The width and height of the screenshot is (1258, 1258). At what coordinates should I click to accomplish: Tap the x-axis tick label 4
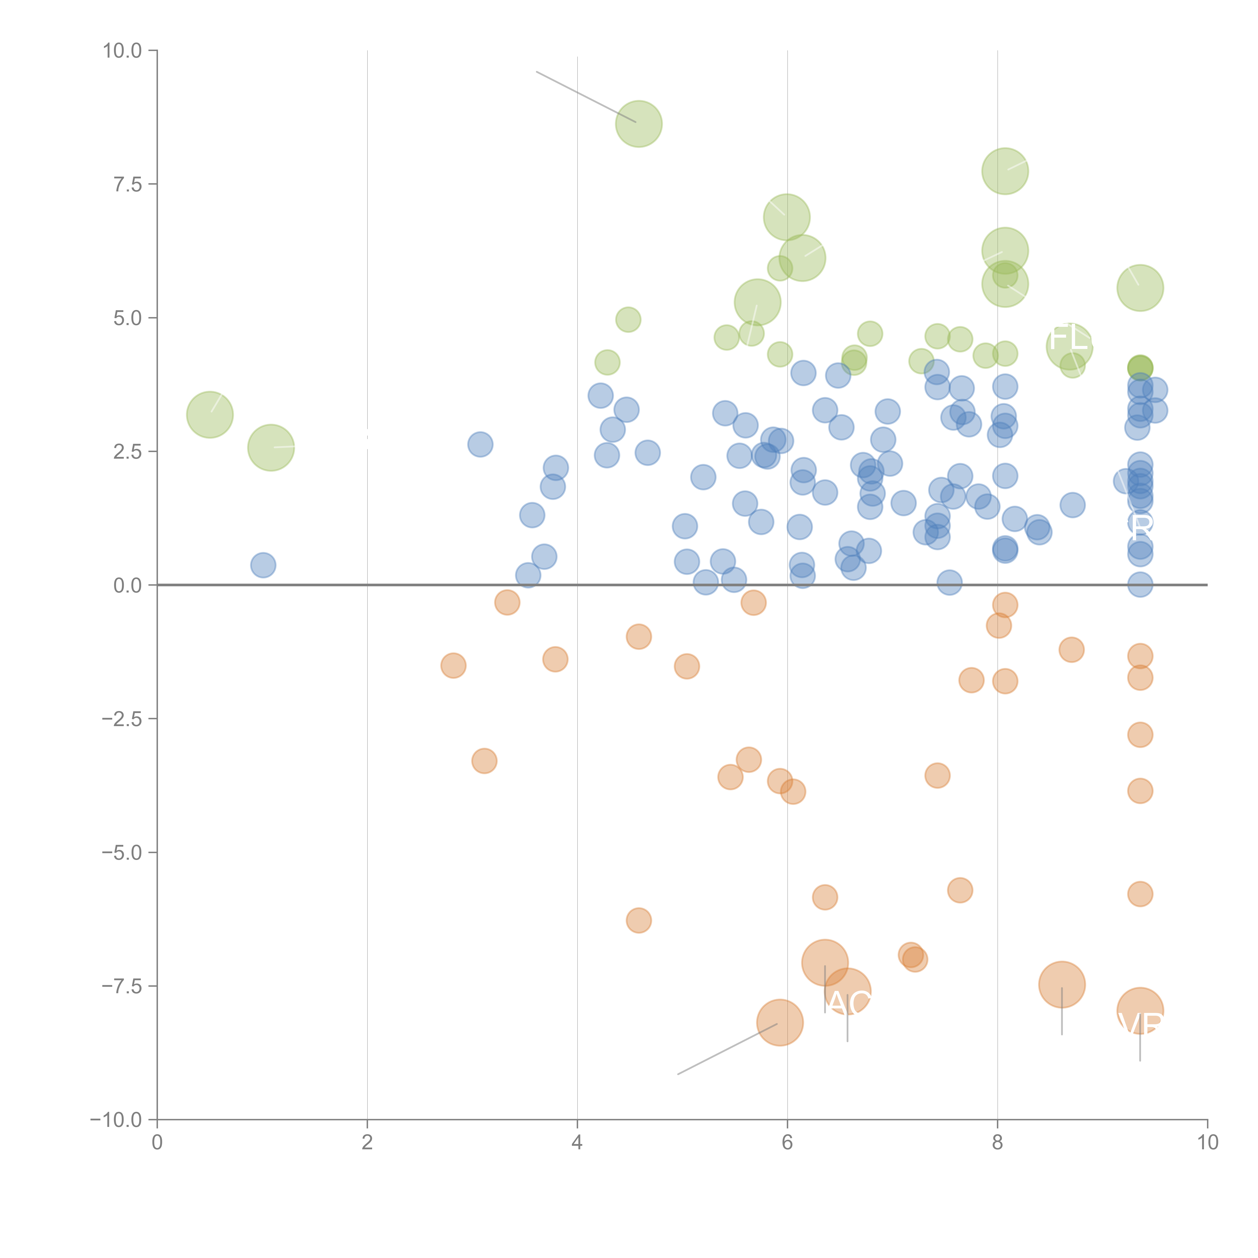577,1142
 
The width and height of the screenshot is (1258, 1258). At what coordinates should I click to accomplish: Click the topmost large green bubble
639,124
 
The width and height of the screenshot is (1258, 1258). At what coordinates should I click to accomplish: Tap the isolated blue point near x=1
263,565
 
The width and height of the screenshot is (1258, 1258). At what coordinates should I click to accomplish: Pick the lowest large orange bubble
780,1022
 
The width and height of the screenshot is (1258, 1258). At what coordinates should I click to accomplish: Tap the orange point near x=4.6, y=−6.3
639,920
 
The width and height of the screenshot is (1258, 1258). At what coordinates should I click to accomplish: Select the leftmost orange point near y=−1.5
453,665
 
